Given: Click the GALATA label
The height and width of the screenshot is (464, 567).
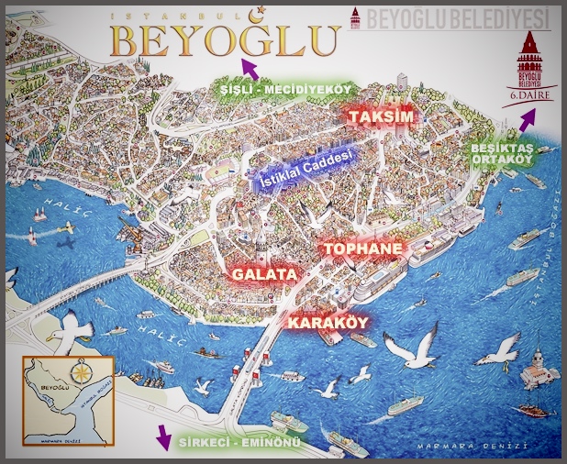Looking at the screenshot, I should [263, 274].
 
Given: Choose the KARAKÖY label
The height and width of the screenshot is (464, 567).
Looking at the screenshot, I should [328, 323].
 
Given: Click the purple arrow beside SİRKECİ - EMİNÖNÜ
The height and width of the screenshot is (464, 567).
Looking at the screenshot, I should [163, 437].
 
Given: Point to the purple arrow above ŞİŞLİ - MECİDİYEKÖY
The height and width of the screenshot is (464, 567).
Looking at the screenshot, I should [249, 68].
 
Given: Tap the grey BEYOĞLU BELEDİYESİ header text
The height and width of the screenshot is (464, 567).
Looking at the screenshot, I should [454, 17].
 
